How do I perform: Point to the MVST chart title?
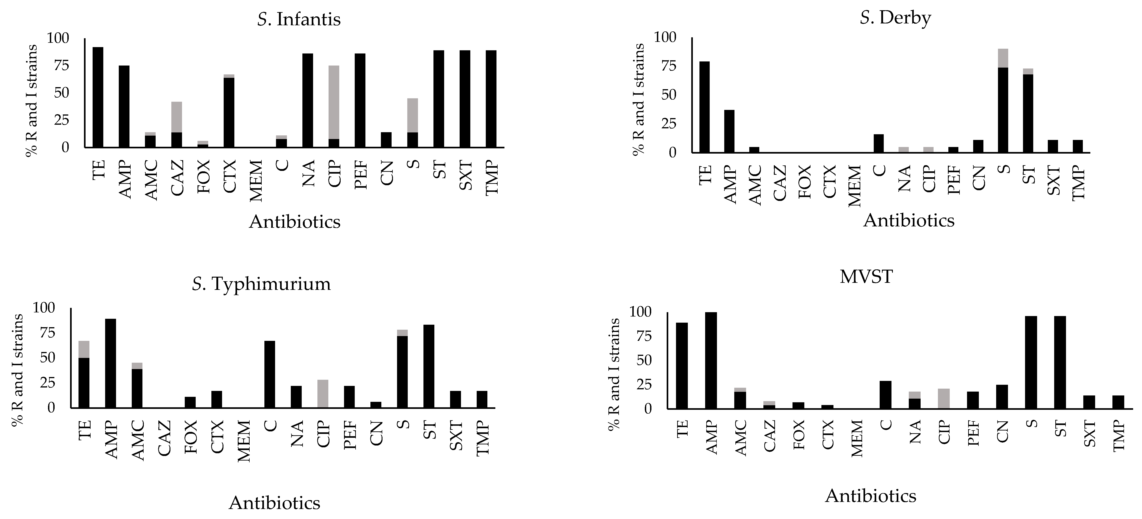click(865, 276)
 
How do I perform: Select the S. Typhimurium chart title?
click(262, 284)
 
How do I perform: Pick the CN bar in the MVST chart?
click(1002, 397)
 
